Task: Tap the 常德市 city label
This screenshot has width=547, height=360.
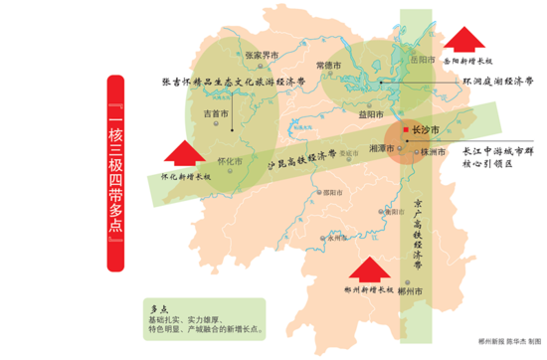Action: pos(328,65)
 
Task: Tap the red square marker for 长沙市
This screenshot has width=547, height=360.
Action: pos(404,130)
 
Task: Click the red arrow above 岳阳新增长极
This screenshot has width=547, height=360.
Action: pos(465,38)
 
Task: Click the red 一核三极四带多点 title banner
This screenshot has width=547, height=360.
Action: pos(116,174)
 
